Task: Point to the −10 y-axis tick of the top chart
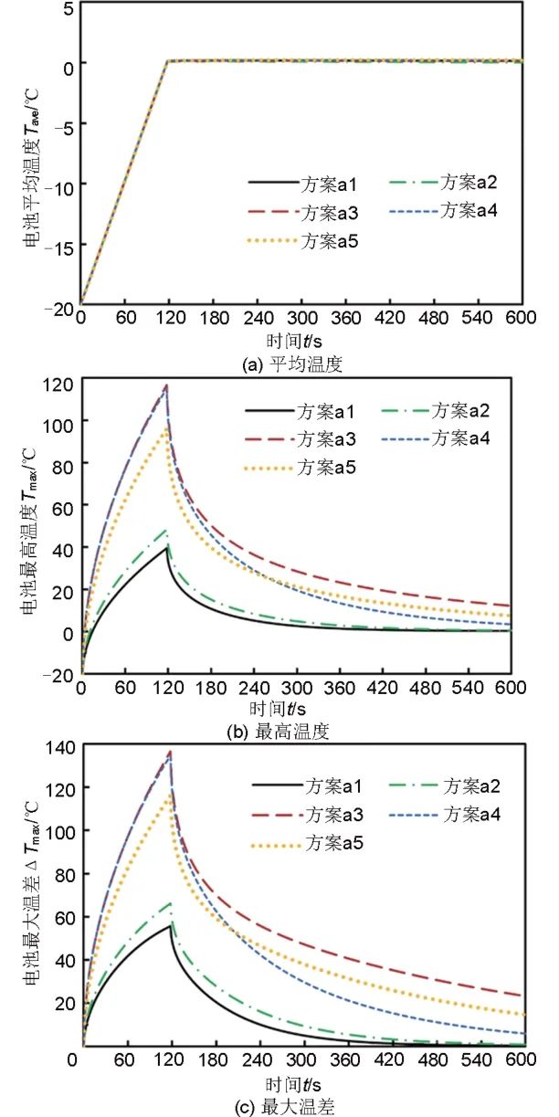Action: (60, 184)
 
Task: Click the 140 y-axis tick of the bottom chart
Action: (58, 747)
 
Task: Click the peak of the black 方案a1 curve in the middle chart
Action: (166, 547)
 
